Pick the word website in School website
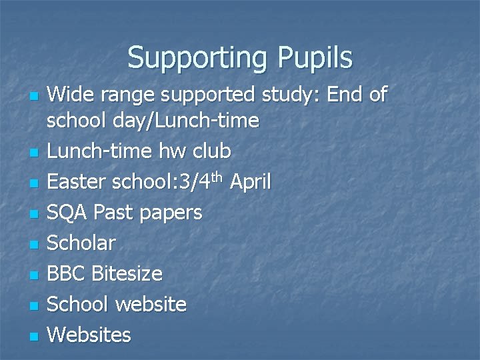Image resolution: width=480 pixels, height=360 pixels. point(151,304)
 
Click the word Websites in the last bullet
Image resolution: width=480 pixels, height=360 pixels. point(89,334)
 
